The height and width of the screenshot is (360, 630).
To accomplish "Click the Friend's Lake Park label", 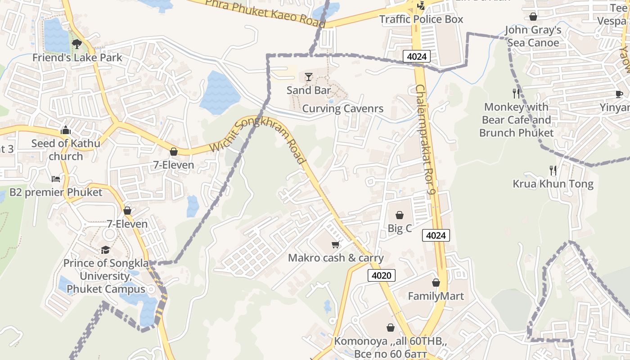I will point(77,58).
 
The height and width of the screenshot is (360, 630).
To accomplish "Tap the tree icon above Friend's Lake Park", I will point(77,44).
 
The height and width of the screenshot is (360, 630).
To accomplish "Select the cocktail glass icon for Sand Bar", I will point(308,77).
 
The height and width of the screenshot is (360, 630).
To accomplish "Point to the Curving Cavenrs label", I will point(342,108).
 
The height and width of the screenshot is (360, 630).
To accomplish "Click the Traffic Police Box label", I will point(421,19).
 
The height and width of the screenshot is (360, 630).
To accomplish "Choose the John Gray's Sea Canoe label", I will point(533,36).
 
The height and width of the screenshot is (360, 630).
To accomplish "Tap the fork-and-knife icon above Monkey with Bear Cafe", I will point(516,94).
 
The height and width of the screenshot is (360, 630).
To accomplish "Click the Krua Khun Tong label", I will point(553,184).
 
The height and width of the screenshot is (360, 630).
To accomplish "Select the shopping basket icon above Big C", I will point(399,215).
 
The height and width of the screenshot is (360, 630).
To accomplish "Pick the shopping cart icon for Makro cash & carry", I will point(335,244).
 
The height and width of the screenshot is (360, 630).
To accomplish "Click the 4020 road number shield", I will point(382,275).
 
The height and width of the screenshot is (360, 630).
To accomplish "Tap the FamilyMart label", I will point(436,296).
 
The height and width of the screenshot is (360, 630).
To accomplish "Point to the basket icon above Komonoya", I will point(390,328).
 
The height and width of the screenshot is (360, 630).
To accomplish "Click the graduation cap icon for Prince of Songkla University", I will point(105,250).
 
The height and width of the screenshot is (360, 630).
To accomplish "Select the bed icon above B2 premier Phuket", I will point(56,179).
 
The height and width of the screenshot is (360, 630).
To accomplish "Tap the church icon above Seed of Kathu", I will point(66,130).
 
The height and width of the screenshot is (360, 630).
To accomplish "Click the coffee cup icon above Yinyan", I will point(619,94).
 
